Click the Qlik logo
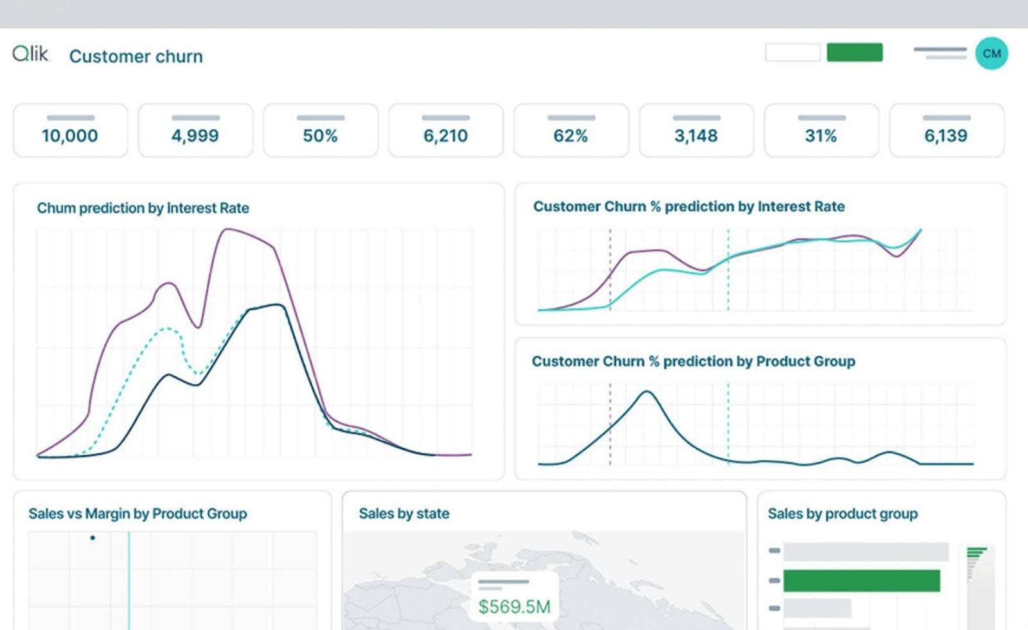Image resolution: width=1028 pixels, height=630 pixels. [x=30, y=54]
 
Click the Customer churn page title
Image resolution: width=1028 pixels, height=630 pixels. [x=136, y=57]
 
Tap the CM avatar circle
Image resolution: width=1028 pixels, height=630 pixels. [x=991, y=53]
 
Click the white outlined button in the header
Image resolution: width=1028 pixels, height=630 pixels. [x=792, y=53]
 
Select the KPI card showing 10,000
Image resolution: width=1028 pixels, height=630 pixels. [x=70, y=130]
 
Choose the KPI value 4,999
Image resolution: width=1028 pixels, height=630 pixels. [x=195, y=136]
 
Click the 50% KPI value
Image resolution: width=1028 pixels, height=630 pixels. [x=320, y=136]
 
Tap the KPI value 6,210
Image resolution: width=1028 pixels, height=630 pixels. [x=445, y=136]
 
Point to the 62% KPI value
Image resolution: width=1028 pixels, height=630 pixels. [x=571, y=136]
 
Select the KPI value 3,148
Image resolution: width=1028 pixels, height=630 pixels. [x=696, y=136]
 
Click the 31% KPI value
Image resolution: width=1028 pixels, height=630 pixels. [x=820, y=136]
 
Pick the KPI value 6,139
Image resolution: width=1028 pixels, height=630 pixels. [x=946, y=136]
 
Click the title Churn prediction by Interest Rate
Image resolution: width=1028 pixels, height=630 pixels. [x=143, y=208]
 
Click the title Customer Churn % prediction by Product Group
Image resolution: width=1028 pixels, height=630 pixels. [x=693, y=362]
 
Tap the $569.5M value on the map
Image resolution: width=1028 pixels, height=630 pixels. [x=514, y=607]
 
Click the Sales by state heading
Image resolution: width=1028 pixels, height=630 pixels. [x=403, y=514]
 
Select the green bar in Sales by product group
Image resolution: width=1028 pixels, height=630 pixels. [x=861, y=581]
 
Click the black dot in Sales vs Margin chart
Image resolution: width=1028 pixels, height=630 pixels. [x=93, y=538]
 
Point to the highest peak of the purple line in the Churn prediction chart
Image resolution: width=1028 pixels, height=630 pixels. [x=225, y=229]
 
